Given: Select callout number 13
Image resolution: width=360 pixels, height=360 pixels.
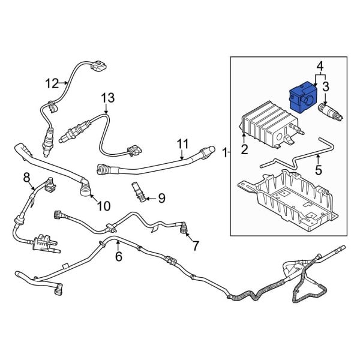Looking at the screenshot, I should [107, 98].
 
